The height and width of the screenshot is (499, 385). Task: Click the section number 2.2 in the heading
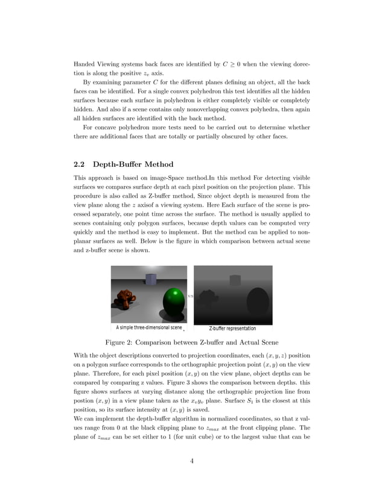pos(80,164)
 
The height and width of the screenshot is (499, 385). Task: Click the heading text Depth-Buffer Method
pos(133,164)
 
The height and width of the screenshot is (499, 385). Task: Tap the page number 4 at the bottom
pos(191,462)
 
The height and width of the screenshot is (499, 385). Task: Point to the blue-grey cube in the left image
pos(150,279)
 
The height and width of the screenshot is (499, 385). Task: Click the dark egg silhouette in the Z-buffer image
pos(258,303)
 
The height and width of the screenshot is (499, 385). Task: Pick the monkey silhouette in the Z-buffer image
pos(209,298)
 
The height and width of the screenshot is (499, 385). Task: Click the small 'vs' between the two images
pos(190,296)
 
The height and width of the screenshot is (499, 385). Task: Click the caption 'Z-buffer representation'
pos(232,328)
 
